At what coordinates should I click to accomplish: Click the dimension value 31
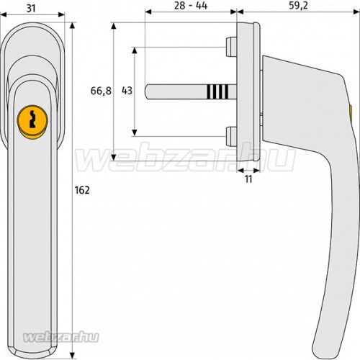[31, 9]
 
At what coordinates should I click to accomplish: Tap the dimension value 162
[82, 190]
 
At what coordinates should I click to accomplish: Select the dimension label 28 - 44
[191, 6]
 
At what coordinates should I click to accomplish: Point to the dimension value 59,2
[298, 6]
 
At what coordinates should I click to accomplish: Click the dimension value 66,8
[101, 91]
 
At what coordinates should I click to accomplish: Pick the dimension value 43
[127, 91]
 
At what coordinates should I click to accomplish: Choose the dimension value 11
[248, 179]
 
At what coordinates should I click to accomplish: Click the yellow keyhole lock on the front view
[32, 122]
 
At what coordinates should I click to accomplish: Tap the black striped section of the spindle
[217, 91]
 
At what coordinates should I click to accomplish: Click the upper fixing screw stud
[231, 47]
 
